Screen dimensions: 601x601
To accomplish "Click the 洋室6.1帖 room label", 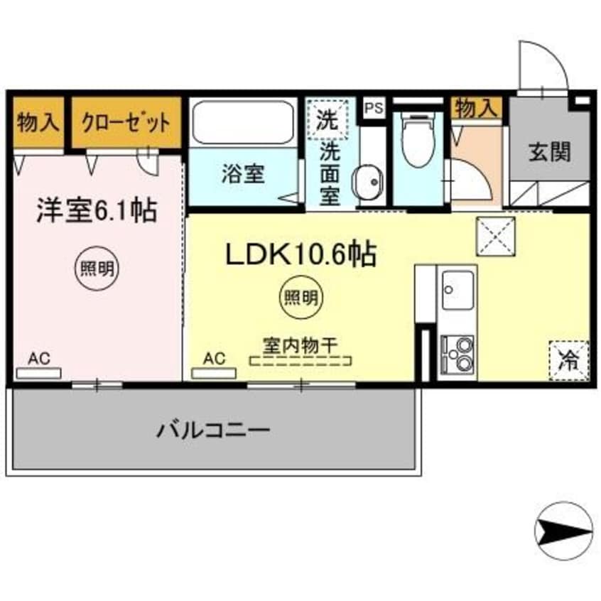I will (x=97, y=210).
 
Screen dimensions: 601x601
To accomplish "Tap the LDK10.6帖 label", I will (x=300, y=254).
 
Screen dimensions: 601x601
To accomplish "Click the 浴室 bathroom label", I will (x=242, y=175).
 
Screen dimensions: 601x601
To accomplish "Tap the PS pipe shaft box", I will (x=374, y=109).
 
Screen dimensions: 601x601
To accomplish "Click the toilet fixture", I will (x=418, y=139).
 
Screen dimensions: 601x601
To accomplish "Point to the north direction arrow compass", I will (x=563, y=529).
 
